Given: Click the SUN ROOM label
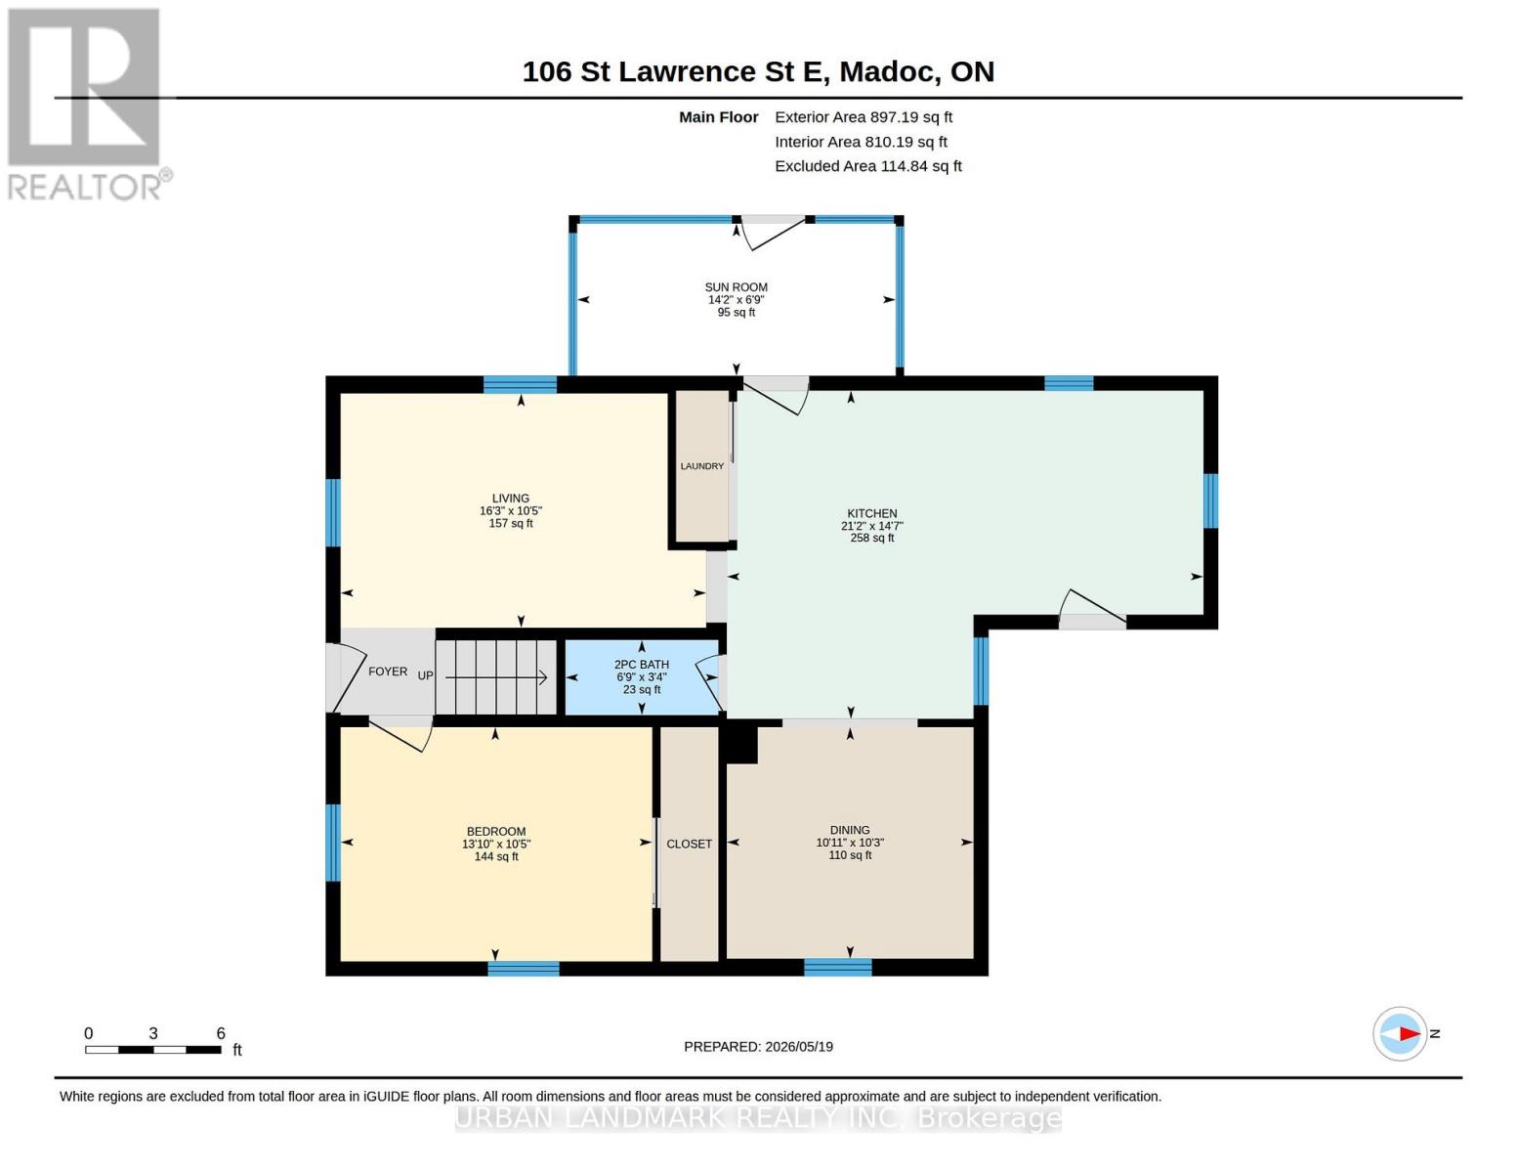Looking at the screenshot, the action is (736, 287).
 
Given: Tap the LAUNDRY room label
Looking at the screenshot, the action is (701, 466).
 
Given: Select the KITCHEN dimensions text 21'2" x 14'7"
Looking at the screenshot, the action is (872, 525).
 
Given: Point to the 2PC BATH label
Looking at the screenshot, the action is (642, 665).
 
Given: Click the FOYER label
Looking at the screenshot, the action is (388, 672).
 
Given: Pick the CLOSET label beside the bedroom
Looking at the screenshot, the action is (689, 844).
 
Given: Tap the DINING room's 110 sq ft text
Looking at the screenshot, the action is (850, 855).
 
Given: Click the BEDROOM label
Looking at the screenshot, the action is (496, 832).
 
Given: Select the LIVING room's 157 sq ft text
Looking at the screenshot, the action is (510, 523).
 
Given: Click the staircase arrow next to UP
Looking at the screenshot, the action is (495, 677).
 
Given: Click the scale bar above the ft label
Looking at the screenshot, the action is (153, 1049).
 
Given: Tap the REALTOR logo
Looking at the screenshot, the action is (87, 104).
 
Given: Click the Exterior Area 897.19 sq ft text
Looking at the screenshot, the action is (863, 117).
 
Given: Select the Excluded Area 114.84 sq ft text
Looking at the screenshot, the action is (867, 166).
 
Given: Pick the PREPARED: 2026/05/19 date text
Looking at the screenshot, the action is (758, 1047).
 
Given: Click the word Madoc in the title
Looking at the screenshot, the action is (887, 72).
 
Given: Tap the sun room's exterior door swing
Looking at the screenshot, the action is (772, 234).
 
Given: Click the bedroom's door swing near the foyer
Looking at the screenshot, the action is (400, 734).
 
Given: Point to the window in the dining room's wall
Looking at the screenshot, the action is (838, 967).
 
